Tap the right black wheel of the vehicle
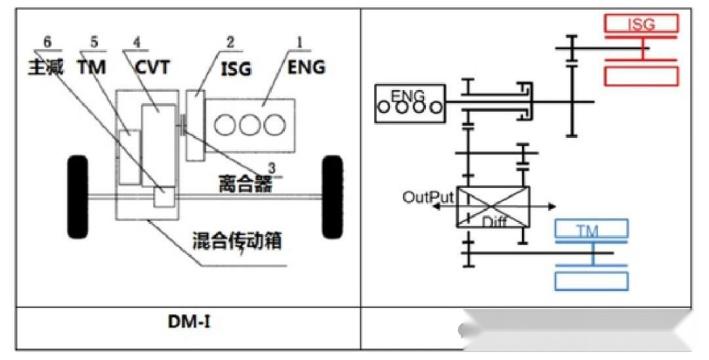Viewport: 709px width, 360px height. click(332, 192)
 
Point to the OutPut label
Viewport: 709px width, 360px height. click(428, 196)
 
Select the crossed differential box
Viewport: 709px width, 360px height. click(493, 205)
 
